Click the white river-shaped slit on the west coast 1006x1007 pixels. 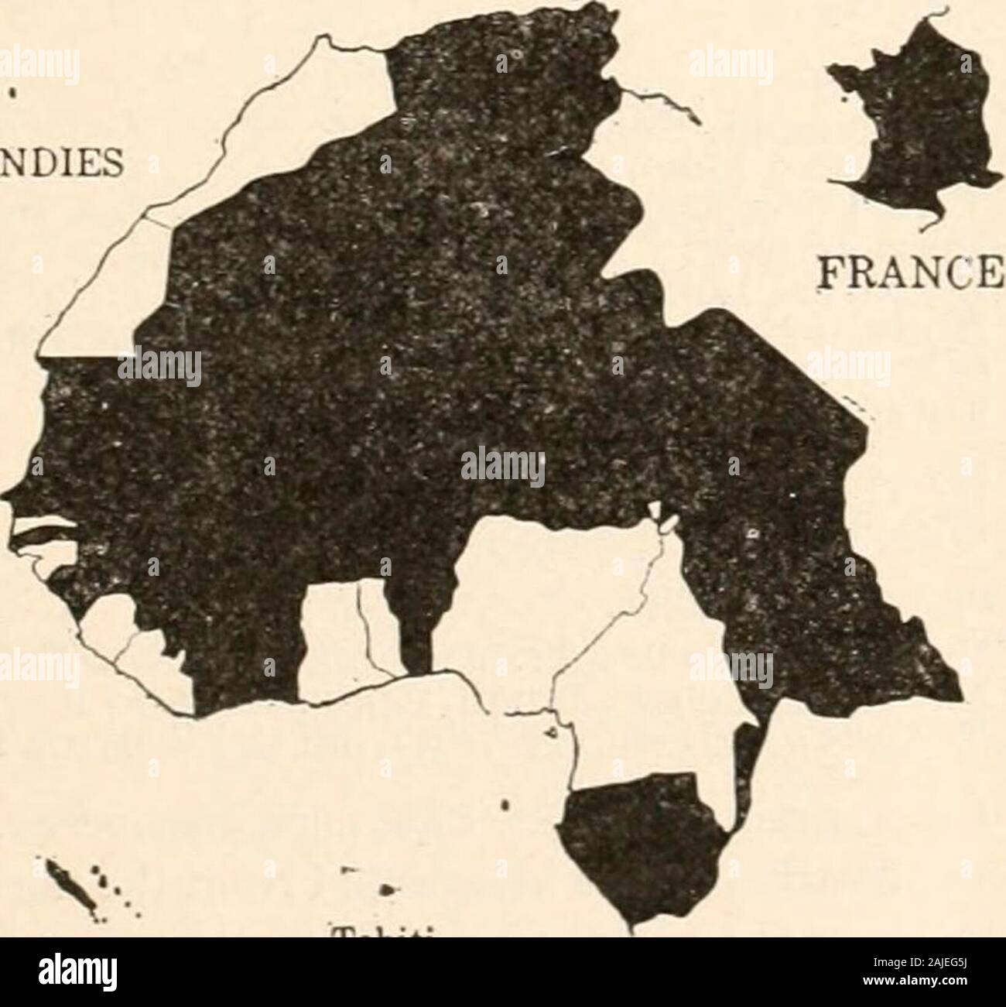coord(46,534)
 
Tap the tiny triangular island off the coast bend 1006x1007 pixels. coord(554,731)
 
